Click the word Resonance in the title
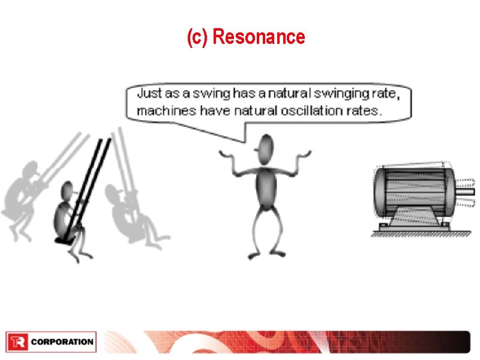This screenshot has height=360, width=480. coord(259,37)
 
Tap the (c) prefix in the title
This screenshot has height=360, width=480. coord(198,37)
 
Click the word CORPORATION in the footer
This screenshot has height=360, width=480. coord(62,342)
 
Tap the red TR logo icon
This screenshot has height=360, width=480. coord(17,342)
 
